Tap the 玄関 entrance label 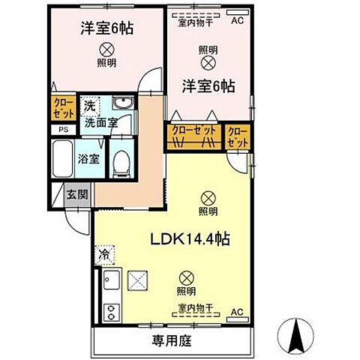tap(76, 194)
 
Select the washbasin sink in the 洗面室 tap(121, 103)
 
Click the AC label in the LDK tap(236, 311)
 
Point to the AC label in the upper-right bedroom tap(238, 20)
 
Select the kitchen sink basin tap(110, 283)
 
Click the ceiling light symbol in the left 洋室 tap(106, 49)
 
